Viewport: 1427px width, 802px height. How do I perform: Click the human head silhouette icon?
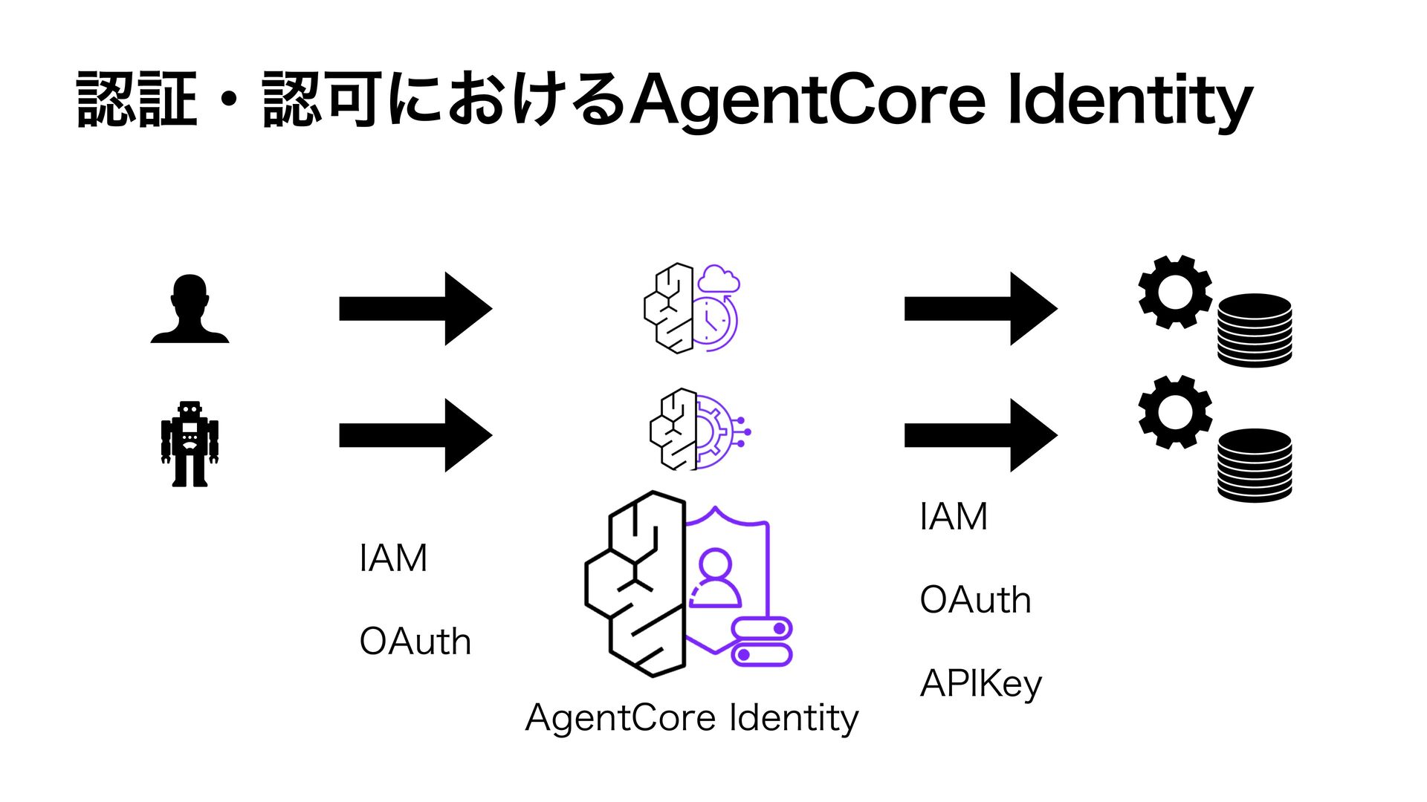[x=190, y=309]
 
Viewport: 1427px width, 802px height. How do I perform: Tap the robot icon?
[x=190, y=444]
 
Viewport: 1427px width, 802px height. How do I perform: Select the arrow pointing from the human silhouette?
[x=415, y=308]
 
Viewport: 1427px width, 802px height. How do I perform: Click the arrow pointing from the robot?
[x=415, y=435]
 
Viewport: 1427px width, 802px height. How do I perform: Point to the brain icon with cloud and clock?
[x=691, y=307]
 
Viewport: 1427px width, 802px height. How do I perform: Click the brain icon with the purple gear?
[x=699, y=430]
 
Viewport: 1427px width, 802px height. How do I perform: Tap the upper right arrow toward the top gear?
[x=980, y=308]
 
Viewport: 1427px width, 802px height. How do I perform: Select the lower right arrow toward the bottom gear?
[x=980, y=435]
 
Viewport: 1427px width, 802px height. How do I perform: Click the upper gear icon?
[x=1175, y=292]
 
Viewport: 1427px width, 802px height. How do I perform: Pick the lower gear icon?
[x=1175, y=412]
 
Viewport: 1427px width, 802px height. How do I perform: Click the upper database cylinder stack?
[x=1255, y=330]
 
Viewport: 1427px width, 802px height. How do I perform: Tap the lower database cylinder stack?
[x=1255, y=465]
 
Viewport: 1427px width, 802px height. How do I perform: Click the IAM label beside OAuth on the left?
[x=393, y=558]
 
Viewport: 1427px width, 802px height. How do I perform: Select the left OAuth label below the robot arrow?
[x=415, y=642]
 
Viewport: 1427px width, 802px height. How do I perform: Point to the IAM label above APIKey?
[x=954, y=517]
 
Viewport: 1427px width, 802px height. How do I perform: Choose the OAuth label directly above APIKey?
[x=975, y=600]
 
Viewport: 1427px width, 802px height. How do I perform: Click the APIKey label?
[x=981, y=684]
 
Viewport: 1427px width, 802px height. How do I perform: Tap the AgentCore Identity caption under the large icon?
[x=691, y=718]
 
